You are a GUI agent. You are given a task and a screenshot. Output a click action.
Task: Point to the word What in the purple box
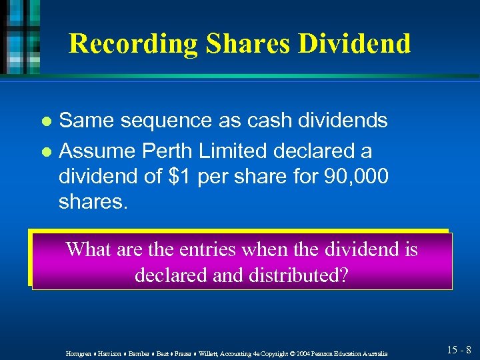89,249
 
